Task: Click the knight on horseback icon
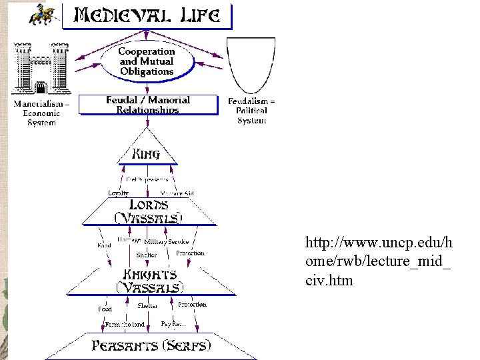42,15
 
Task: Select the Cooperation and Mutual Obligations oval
147,61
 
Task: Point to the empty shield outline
251,65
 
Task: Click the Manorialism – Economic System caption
42,113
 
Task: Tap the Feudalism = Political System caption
251,111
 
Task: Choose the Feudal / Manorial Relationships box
148,105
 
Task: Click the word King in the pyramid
147,154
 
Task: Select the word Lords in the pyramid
148,205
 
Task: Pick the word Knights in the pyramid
149,275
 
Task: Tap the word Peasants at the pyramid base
125,345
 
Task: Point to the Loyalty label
118,193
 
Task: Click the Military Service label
167,242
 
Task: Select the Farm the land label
125,325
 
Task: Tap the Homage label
129,240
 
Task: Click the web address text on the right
378,261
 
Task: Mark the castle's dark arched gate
40,88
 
